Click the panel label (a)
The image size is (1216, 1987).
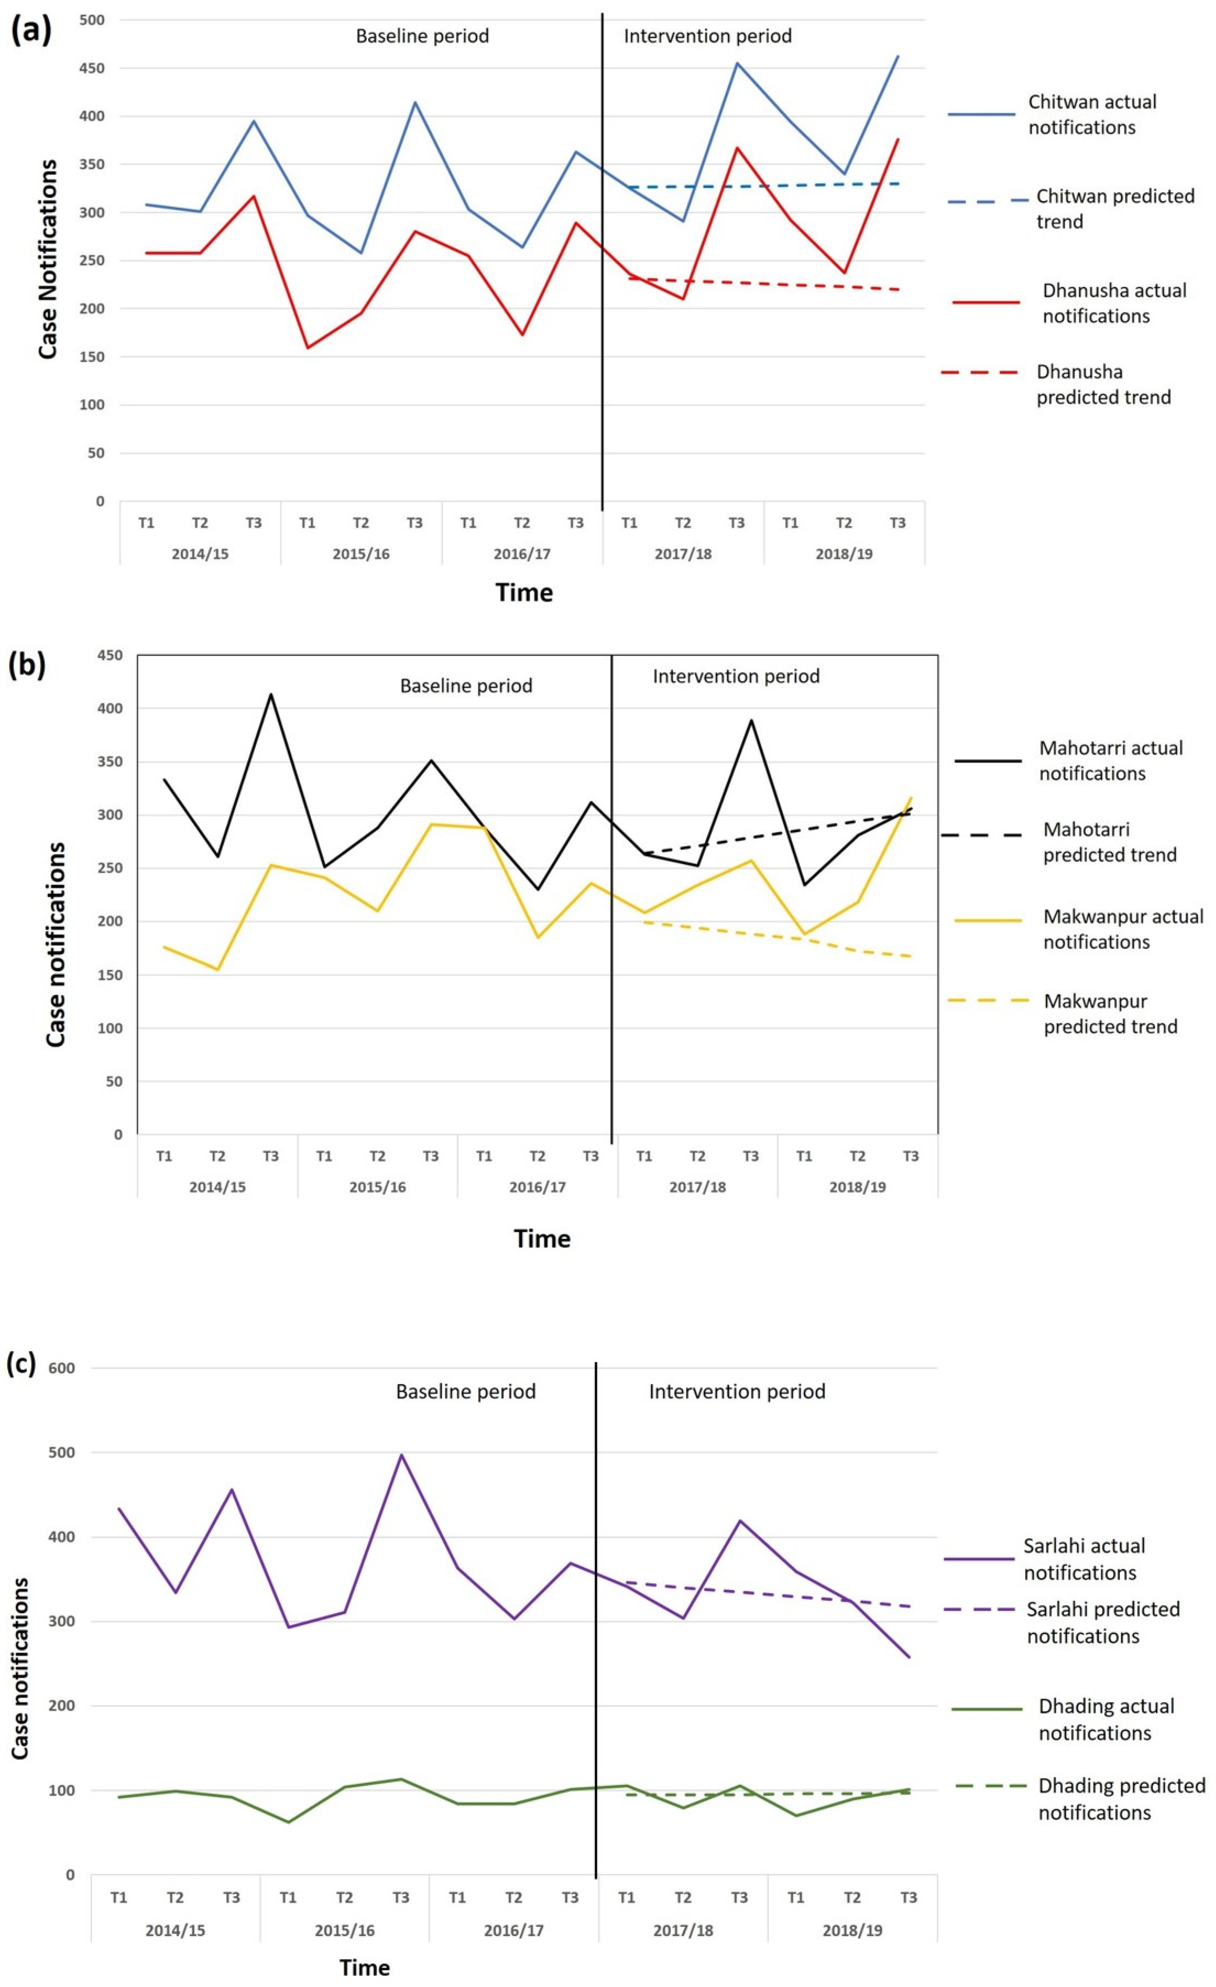pyautogui.click(x=31, y=31)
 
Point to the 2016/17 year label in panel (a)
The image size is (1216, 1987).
pyautogui.click(x=522, y=554)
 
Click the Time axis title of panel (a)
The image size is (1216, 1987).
pyautogui.click(x=524, y=593)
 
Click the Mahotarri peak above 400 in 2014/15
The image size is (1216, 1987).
pyautogui.click(x=271, y=694)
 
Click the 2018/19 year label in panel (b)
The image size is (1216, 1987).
pyautogui.click(x=857, y=1187)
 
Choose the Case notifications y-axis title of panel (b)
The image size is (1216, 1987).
pyautogui.click(x=55, y=944)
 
